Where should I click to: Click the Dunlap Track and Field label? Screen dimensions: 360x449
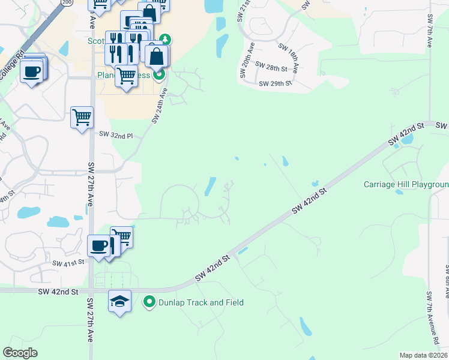click(201, 302)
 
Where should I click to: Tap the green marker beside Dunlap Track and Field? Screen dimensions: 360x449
click(149, 302)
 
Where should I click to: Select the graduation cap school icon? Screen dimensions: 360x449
click(119, 301)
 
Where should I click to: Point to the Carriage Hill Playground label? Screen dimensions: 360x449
click(406, 184)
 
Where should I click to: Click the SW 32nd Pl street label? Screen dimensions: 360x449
click(116, 136)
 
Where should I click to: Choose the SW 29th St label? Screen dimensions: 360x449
click(275, 84)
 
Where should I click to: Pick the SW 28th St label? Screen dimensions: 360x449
click(271, 65)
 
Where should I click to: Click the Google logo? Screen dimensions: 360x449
click(20, 353)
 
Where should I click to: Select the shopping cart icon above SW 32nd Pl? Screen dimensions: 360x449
click(82, 117)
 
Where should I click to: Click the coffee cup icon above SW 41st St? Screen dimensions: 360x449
click(98, 245)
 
